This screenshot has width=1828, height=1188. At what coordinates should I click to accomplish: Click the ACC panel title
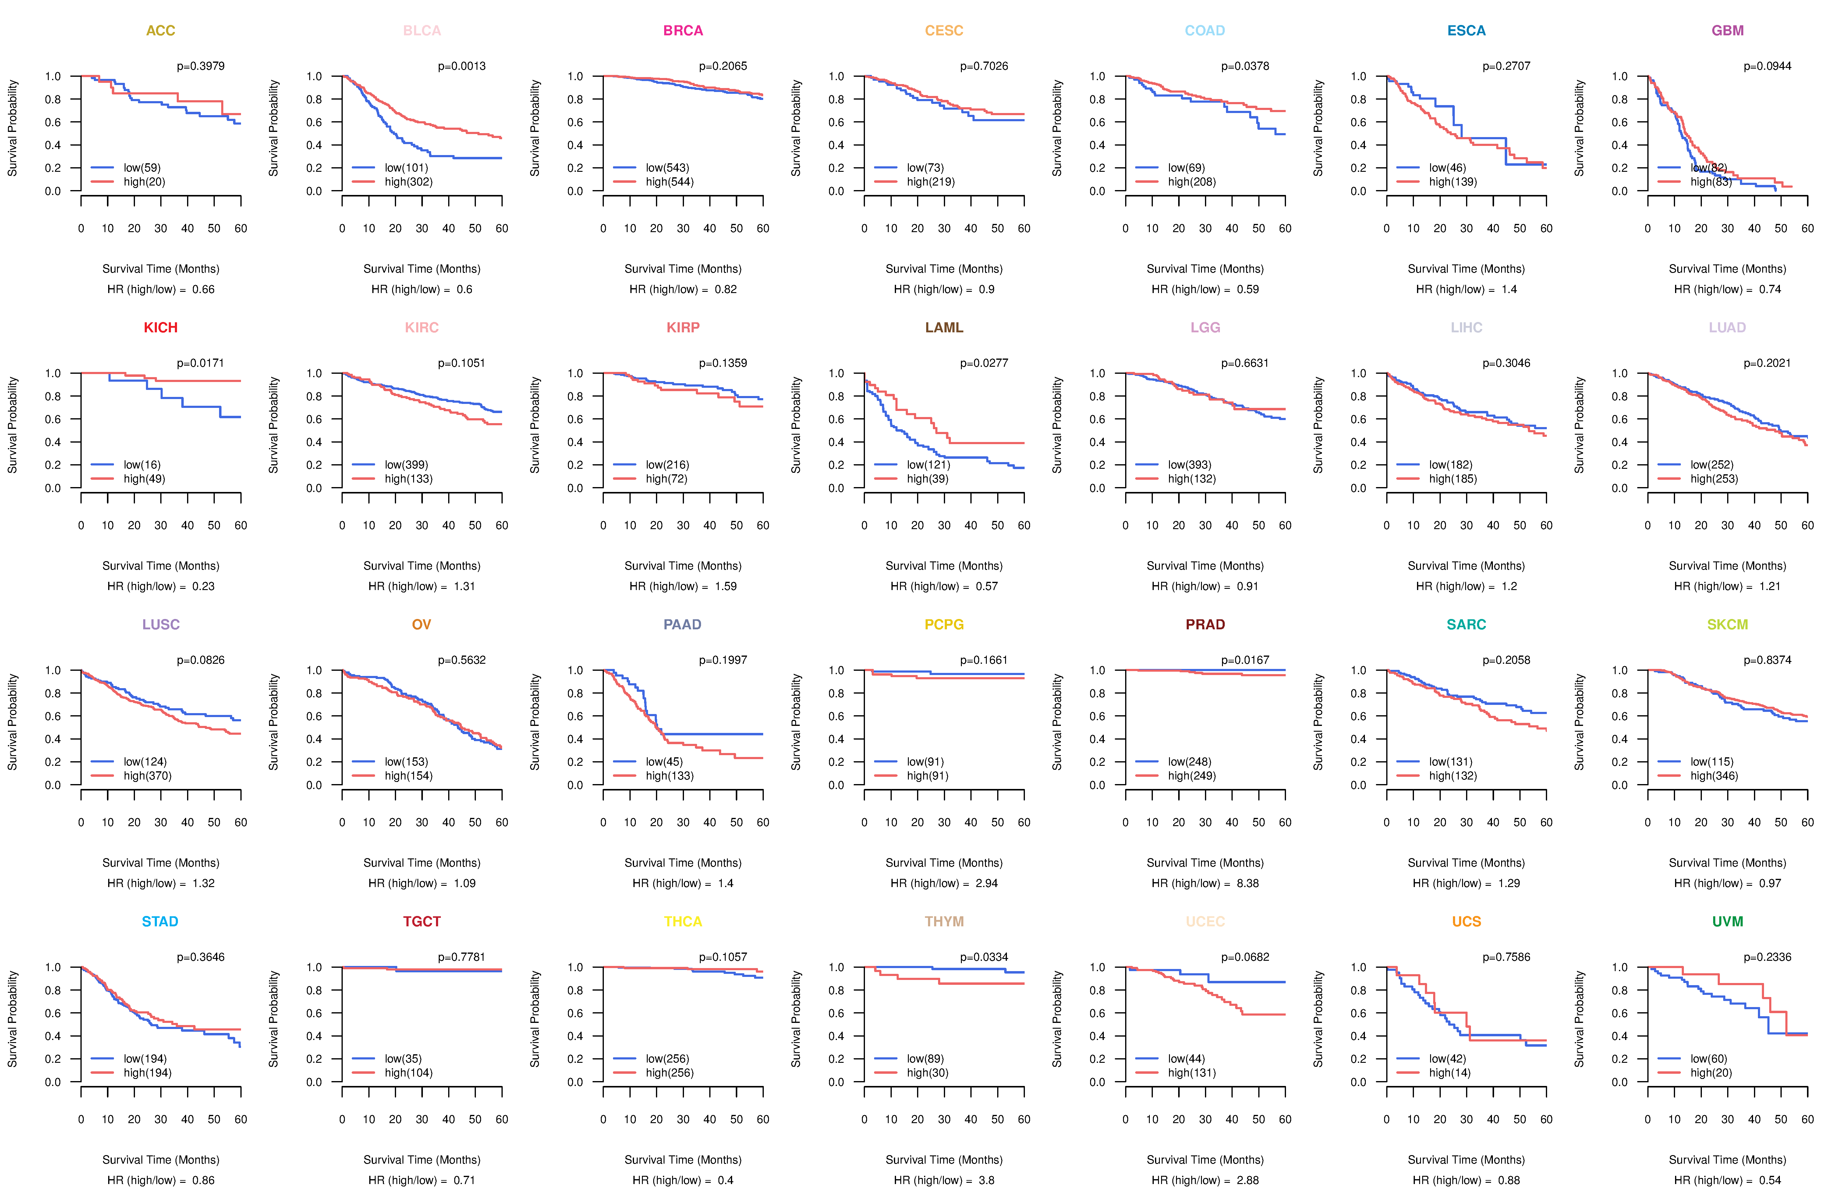click(x=161, y=31)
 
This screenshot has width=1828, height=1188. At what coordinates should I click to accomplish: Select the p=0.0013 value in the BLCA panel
click(x=462, y=66)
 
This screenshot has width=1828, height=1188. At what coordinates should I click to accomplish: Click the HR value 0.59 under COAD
click(x=1247, y=289)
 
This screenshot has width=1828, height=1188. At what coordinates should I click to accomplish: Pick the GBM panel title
click(x=1727, y=31)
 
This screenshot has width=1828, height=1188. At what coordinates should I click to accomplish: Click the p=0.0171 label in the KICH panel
click(x=200, y=363)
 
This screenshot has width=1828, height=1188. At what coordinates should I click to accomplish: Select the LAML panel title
click(x=944, y=328)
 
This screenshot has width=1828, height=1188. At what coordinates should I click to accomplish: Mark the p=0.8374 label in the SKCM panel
click(x=1767, y=660)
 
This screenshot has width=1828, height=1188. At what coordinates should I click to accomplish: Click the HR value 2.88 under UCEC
click(x=1247, y=1180)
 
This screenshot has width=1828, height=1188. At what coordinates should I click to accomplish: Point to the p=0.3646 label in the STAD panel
click(x=200, y=958)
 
